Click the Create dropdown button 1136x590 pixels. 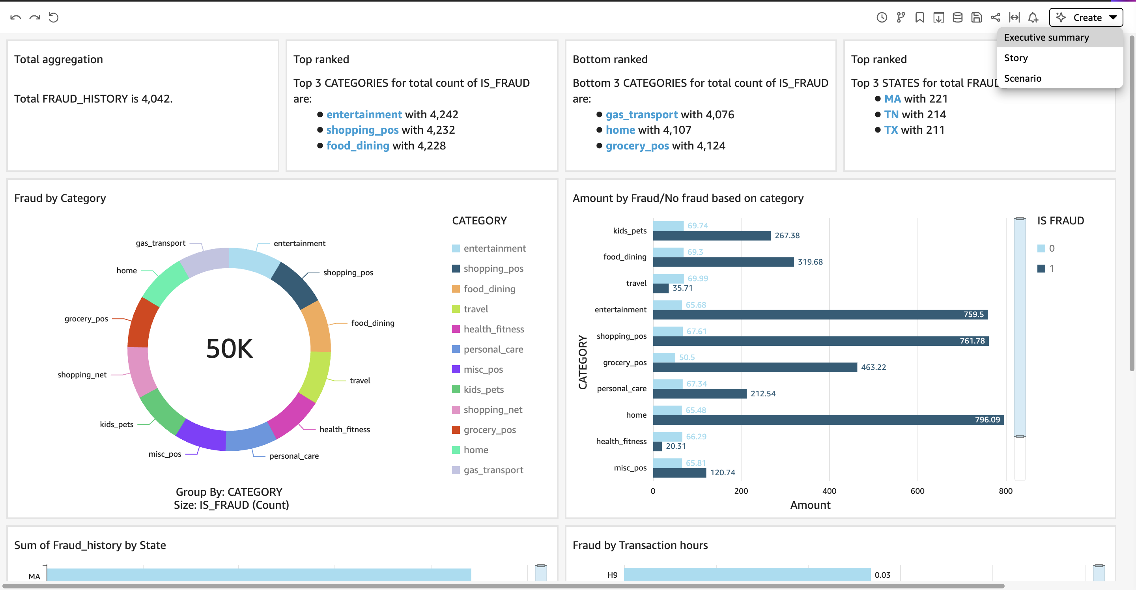1086,18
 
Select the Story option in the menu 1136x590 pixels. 1016,58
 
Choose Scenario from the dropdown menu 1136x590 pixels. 1023,78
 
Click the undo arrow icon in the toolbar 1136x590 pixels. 15,18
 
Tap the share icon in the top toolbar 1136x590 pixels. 995,18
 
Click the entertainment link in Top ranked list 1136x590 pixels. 364,114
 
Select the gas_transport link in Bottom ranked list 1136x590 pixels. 641,115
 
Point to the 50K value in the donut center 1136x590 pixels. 229,348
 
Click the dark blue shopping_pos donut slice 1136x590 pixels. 295,285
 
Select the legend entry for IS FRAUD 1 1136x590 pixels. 1046,268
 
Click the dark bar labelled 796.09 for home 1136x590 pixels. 828,420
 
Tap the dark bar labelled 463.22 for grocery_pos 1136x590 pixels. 755,367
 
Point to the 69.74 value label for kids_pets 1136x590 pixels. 698,225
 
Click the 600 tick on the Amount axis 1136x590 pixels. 917,491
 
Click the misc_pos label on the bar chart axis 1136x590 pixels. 630,467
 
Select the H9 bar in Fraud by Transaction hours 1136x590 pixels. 747,575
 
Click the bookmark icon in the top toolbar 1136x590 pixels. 919,18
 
